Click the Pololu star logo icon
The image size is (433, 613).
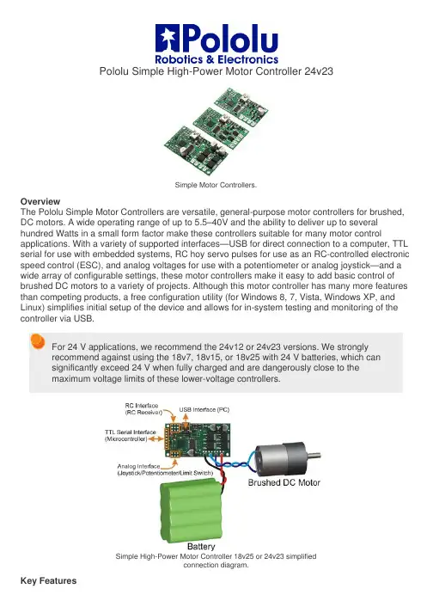click(168, 38)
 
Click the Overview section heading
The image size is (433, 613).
click(40, 202)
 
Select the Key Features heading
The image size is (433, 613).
click(48, 580)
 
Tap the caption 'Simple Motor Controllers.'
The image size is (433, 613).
click(216, 185)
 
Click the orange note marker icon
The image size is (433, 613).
click(38, 341)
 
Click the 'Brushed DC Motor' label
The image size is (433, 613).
click(284, 482)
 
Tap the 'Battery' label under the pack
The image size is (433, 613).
click(201, 546)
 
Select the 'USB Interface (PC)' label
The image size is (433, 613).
click(204, 410)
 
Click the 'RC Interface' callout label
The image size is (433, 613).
click(142, 406)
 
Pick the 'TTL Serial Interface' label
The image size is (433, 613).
click(130, 432)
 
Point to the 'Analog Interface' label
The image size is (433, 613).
click(138, 466)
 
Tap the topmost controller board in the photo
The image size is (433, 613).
click(241, 106)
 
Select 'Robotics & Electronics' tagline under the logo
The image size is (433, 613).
click(216, 59)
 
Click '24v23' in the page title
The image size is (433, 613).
click(319, 71)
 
